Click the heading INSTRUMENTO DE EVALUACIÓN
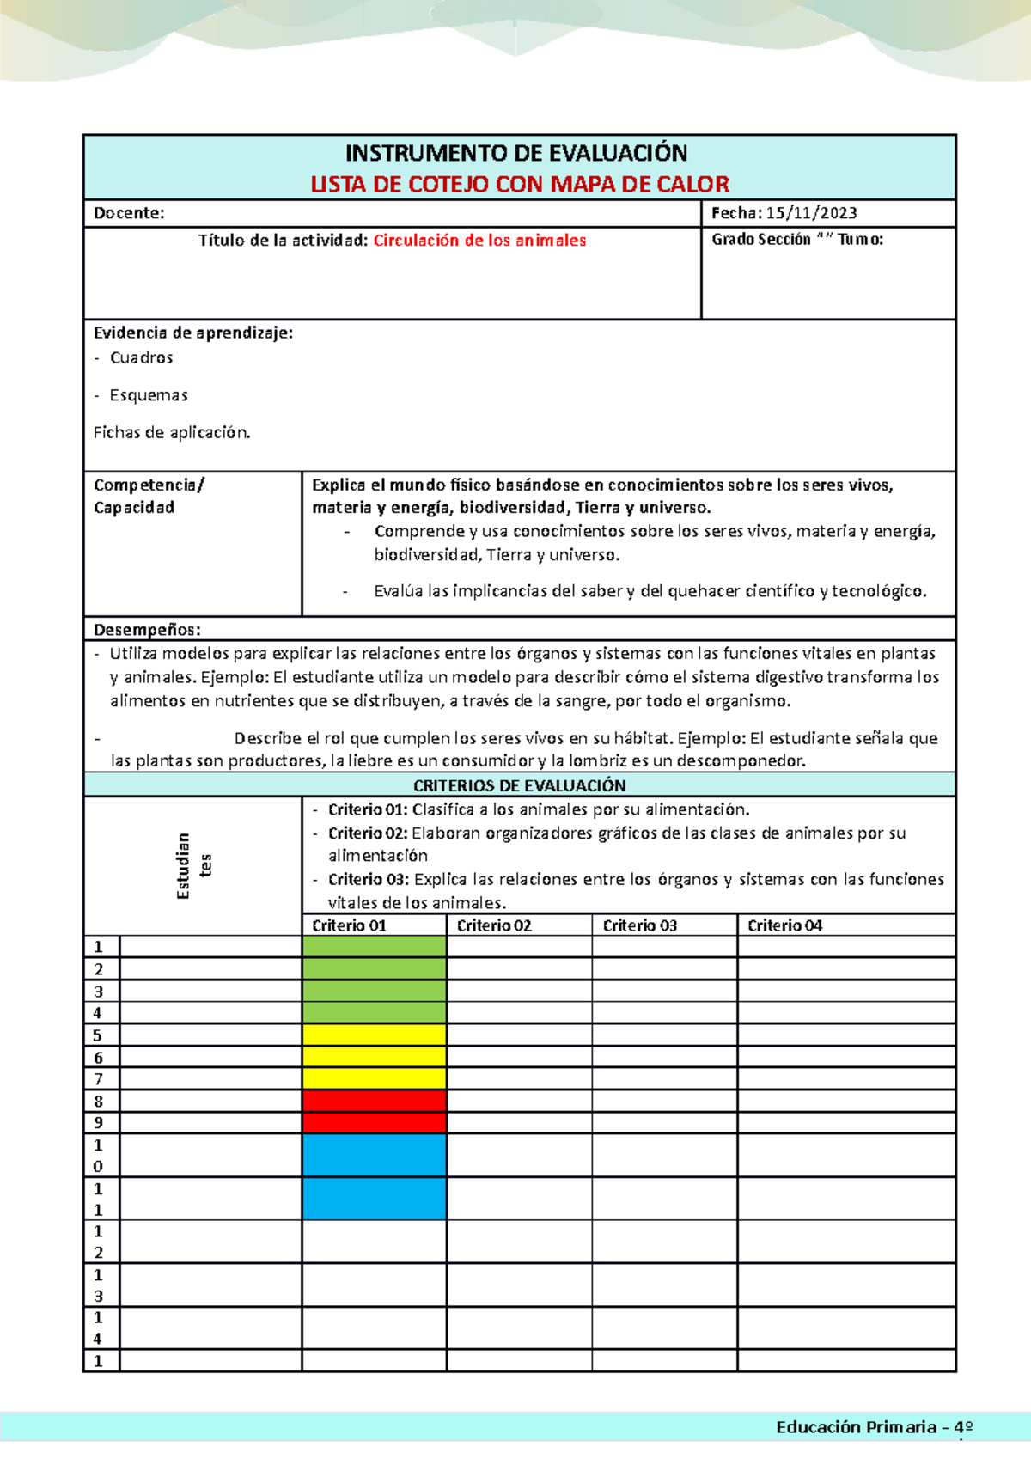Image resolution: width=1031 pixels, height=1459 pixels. point(515,153)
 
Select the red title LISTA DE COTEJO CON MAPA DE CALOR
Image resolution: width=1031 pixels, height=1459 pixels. point(519,184)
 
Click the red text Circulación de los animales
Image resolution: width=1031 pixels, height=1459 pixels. point(479,241)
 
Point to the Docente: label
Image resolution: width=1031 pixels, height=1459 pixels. point(129,213)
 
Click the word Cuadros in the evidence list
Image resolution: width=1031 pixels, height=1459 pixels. point(142,357)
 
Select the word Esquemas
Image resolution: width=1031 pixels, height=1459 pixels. point(149,395)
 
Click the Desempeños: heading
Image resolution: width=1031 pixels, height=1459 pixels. point(147,630)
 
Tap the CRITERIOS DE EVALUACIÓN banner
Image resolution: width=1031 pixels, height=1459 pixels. point(519,785)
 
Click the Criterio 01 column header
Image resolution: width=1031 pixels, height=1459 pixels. point(349,925)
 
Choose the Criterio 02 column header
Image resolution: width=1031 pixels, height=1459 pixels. point(494,925)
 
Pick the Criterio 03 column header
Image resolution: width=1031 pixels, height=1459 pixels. point(639,925)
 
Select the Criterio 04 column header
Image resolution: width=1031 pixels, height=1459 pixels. point(784,925)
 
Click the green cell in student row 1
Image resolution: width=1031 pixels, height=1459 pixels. point(374,947)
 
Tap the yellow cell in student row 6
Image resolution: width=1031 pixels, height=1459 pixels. point(374,1057)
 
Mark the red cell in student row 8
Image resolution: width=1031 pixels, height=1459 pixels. point(374,1101)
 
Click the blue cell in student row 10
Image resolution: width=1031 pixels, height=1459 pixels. point(374,1155)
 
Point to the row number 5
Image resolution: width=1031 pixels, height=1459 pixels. point(98,1035)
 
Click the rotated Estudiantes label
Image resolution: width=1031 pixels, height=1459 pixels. point(193,865)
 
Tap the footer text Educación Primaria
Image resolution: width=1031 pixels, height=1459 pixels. point(856,1427)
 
